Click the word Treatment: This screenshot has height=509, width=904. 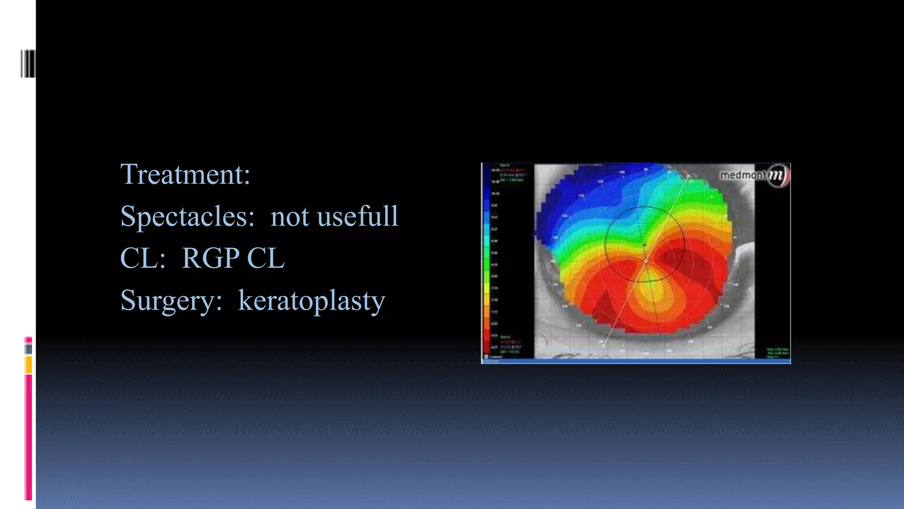(185, 174)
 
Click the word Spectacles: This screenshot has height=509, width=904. (187, 217)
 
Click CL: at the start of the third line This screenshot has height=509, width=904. (143, 258)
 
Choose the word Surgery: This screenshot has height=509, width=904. (171, 300)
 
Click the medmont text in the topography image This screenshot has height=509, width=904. (743, 175)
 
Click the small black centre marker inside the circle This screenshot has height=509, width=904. (644, 244)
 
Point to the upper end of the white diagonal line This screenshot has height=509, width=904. (688, 176)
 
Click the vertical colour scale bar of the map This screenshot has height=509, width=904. (487, 261)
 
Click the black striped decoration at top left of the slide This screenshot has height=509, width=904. (28, 64)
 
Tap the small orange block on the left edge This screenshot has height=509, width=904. (28, 365)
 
